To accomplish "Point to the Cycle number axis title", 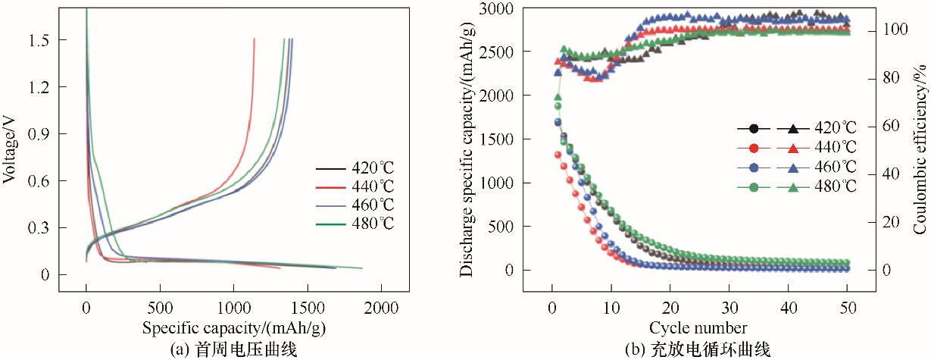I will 698,327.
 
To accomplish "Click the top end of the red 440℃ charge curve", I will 255,39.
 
